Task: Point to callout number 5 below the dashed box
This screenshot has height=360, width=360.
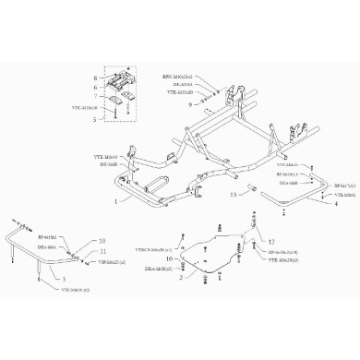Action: pos(95,119)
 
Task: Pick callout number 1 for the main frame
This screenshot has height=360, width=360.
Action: pos(115,199)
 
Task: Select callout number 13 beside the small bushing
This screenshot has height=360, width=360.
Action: pos(234,195)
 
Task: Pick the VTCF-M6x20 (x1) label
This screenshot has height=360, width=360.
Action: pos(153,250)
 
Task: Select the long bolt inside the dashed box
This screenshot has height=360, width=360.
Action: pos(114,109)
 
